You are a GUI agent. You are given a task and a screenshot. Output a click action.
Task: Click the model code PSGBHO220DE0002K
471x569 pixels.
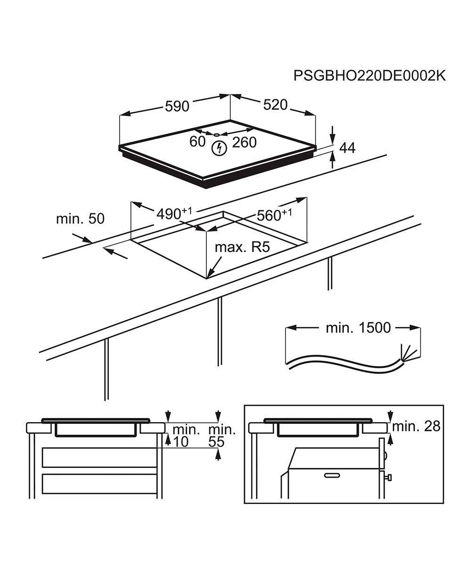tap(369, 76)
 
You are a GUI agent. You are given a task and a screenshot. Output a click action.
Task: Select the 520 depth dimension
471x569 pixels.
tap(275, 105)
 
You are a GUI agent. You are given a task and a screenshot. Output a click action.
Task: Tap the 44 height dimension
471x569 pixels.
tap(347, 147)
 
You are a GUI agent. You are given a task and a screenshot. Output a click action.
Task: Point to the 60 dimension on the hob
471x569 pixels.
tap(198, 141)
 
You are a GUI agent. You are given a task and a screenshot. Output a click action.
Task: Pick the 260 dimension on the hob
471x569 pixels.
tap(244, 142)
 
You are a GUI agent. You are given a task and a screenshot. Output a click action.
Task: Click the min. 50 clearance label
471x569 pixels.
tap(80, 219)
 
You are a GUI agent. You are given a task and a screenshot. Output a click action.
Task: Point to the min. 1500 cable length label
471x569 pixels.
tap(358, 327)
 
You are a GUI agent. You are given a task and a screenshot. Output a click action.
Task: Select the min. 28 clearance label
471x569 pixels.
tap(416, 426)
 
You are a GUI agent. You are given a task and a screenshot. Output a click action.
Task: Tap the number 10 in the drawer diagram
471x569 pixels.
tap(180, 441)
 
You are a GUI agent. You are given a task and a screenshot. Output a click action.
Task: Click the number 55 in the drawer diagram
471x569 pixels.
tap(217, 441)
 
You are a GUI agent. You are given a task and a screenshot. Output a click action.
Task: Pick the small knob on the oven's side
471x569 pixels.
tap(389, 478)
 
